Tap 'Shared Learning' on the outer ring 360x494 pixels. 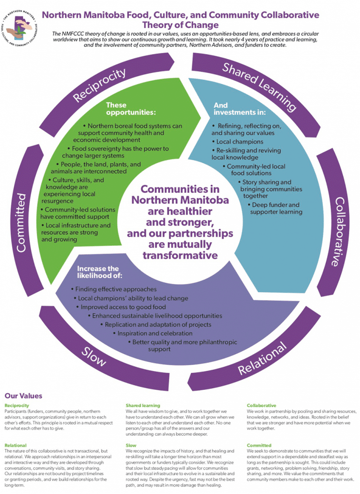coord(259,86)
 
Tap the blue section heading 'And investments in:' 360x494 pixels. coord(240,109)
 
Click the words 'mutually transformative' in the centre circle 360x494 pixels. coord(180,250)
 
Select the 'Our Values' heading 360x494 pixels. coord(23,396)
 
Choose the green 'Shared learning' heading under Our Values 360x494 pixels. coord(142,405)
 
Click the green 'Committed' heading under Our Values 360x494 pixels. coord(259,445)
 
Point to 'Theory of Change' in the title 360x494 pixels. coord(180,25)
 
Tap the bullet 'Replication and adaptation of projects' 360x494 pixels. coord(158,324)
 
